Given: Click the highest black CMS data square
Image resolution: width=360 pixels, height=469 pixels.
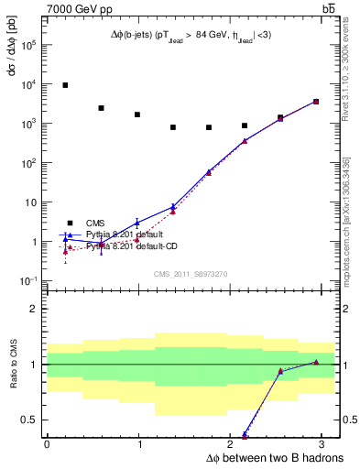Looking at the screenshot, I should click(65, 85).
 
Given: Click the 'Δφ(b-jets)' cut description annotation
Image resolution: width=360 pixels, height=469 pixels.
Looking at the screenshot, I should click(191, 35).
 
